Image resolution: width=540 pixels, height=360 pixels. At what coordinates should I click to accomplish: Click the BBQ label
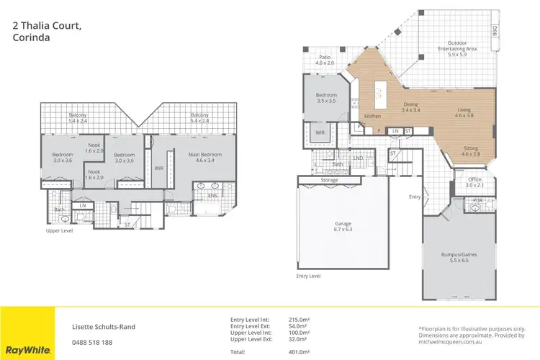coord(495,31)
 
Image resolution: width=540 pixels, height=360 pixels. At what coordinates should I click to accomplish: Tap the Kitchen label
coord(372,116)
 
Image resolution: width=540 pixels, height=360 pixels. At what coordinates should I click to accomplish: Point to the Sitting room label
coord(470,150)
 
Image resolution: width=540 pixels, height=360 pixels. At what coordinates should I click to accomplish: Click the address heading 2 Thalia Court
coord(47,26)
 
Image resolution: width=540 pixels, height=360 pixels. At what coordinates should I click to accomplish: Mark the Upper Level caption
coord(60,231)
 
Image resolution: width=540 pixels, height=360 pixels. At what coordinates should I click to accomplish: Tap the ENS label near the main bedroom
coord(212,194)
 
